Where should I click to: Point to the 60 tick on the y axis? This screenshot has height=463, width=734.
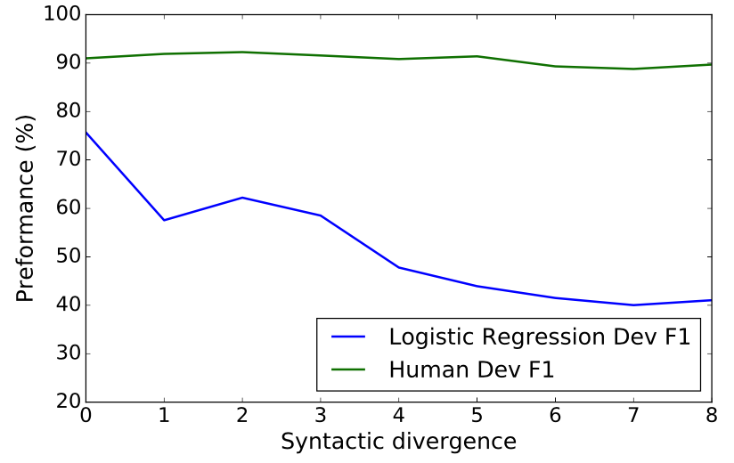(66, 208)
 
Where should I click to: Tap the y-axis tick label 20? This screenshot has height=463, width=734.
(66, 402)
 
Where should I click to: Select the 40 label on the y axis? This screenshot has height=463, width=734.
(66, 305)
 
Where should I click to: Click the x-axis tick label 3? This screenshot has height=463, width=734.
(320, 416)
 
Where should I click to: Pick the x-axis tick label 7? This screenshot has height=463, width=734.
(632, 416)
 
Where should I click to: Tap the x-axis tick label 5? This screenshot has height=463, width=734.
(477, 416)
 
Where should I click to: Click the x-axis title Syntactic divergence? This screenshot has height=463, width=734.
(398, 442)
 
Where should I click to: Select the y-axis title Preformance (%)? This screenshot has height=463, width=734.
(25, 207)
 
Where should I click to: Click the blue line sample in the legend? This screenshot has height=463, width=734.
(349, 337)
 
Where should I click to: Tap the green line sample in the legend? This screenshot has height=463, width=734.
(349, 368)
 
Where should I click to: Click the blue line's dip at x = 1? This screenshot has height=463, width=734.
(164, 220)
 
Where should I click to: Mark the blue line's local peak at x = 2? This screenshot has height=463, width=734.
(242, 198)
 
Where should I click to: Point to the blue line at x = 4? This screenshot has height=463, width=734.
(398, 267)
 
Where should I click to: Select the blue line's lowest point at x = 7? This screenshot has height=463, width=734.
(632, 305)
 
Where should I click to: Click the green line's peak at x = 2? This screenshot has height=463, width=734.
(242, 52)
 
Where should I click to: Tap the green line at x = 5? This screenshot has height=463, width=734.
(477, 56)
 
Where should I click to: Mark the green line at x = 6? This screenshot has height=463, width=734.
(555, 66)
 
